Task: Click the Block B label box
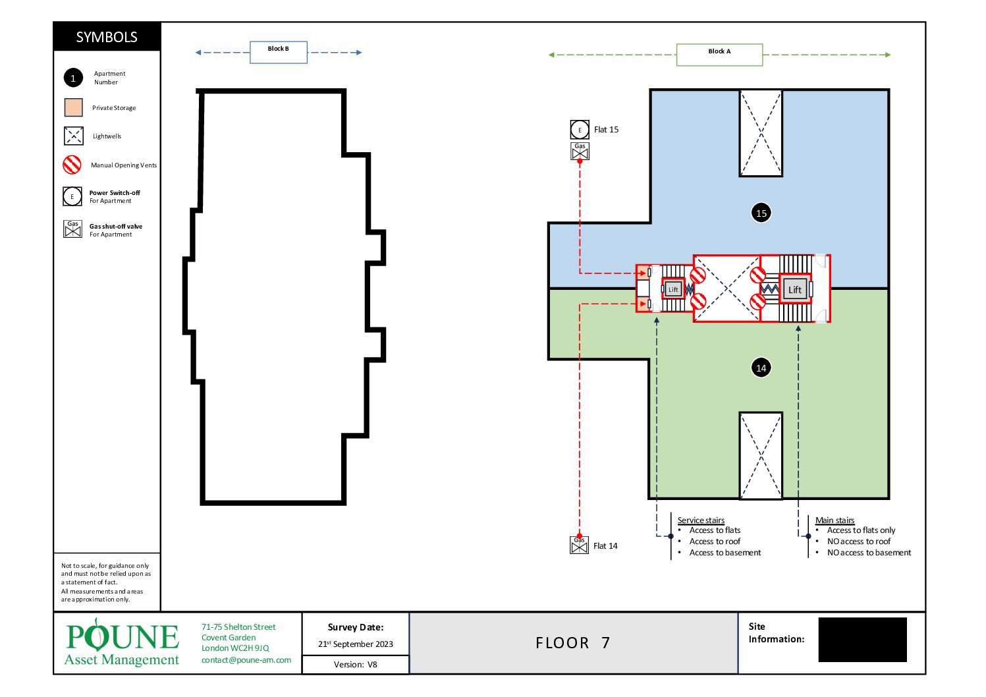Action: click(x=279, y=53)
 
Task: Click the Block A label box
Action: click(x=720, y=55)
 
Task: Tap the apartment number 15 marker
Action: click(x=761, y=213)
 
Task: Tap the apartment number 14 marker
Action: click(x=761, y=368)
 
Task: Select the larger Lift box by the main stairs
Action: click(x=794, y=289)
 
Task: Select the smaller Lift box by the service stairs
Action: click(x=673, y=289)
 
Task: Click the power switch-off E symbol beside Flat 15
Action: click(x=580, y=130)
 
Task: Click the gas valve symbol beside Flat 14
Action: click(x=579, y=545)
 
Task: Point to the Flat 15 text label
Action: click(x=606, y=129)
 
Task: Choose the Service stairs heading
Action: click(x=701, y=520)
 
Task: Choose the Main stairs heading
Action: click(x=835, y=520)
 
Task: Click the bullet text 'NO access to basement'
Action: click(x=869, y=552)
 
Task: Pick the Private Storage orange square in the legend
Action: click(x=74, y=107)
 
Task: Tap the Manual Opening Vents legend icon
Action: click(x=72, y=165)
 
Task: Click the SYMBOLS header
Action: click(x=107, y=37)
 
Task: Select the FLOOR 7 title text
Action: click(x=572, y=643)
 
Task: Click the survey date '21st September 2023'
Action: click(x=356, y=644)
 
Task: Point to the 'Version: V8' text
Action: click(x=355, y=665)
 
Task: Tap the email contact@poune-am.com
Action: click(x=246, y=659)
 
